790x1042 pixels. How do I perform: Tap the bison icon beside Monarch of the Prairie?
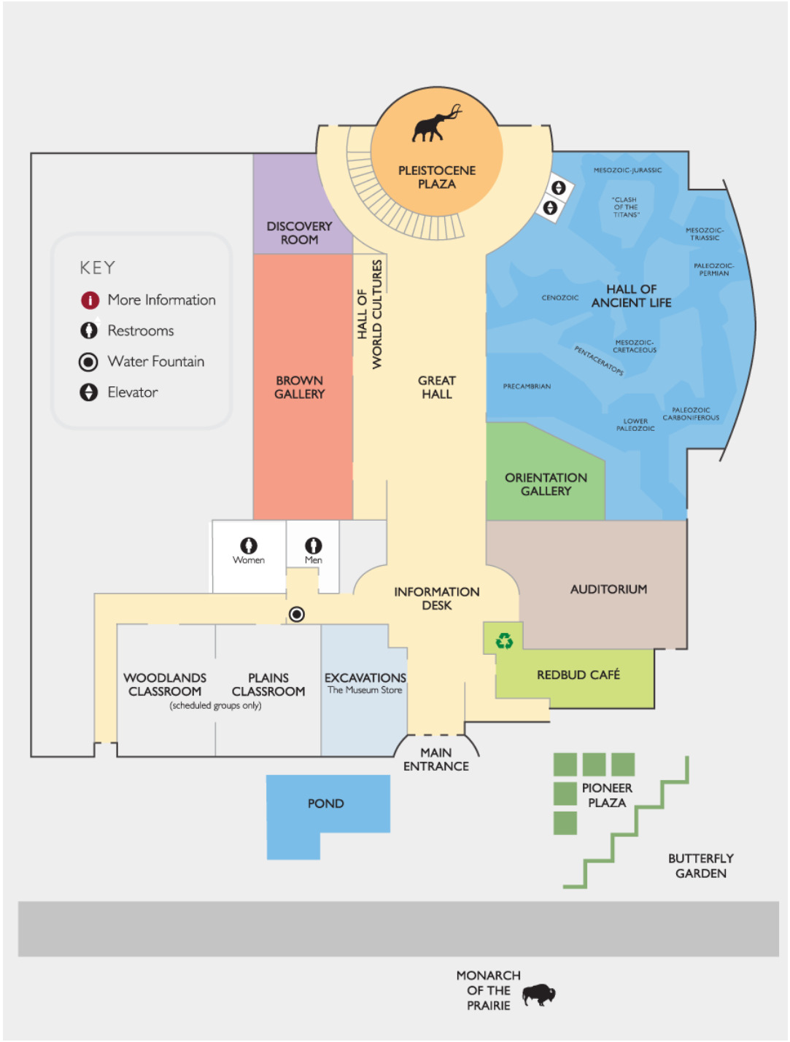(x=538, y=994)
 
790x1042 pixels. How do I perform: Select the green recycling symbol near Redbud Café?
(x=504, y=641)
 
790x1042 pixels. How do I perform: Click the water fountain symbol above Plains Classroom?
(x=296, y=614)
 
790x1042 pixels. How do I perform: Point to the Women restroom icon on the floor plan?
(x=249, y=545)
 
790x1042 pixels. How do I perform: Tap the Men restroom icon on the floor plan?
(x=314, y=545)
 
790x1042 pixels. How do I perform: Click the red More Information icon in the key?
(x=90, y=300)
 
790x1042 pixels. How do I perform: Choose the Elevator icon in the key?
(x=89, y=392)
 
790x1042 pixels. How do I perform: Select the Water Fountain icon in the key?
(x=88, y=362)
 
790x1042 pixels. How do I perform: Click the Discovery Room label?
(x=299, y=233)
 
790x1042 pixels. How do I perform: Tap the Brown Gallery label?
(x=299, y=387)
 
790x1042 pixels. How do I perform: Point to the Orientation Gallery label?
(x=546, y=484)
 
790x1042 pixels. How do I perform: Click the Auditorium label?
(x=608, y=589)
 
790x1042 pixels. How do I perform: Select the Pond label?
(x=325, y=804)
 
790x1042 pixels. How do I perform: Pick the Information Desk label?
(x=436, y=599)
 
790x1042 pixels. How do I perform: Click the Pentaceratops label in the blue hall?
(x=599, y=361)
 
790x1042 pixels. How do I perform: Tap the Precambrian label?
(x=527, y=386)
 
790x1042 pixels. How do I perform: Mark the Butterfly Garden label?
(x=700, y=866)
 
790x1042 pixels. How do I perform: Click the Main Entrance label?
(x=436, y=759)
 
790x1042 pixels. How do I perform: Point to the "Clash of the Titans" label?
(x=625, y=207)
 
